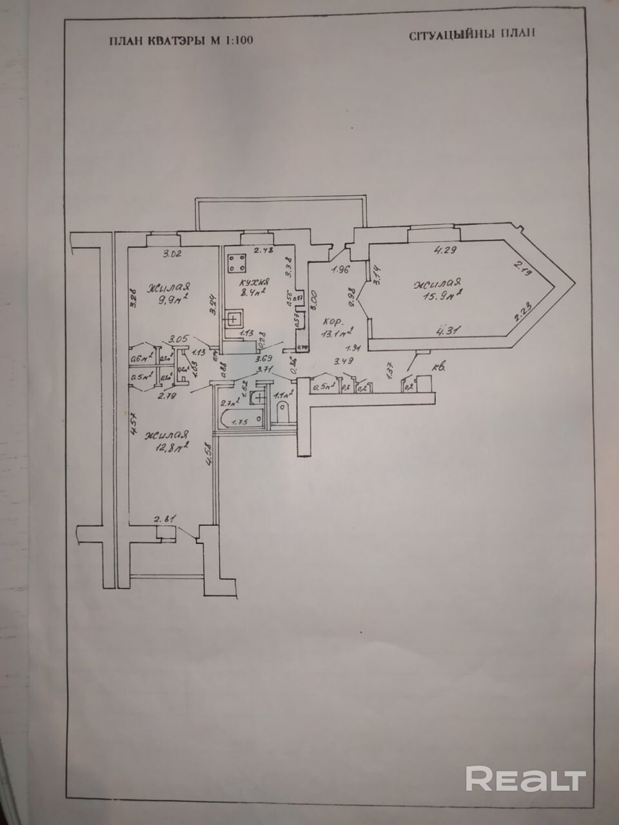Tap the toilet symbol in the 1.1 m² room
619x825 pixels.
(x=282, y=410)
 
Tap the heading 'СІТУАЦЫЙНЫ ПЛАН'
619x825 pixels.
(x=472, y=35)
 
